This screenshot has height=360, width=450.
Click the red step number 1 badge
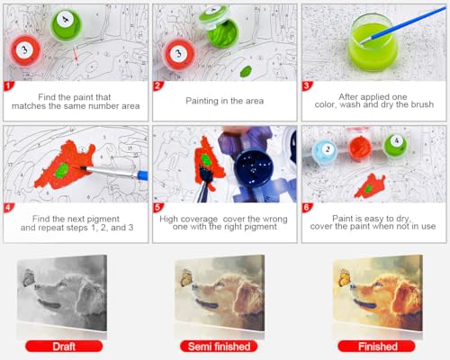[8, 85]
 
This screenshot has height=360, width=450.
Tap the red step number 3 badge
[306, 85]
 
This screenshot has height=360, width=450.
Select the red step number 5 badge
[157, 207]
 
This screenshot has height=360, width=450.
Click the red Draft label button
[64, 346]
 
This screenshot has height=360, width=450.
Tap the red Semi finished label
[219, 346]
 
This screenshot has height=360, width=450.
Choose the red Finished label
[377, 346]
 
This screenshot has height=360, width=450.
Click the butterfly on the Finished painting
[345, 277]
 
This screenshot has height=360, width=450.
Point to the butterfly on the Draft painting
[29, 277]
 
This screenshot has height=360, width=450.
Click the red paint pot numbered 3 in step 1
[25, 50]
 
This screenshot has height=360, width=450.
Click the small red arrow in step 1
[76, 56]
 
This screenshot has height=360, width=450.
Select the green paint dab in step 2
[246, 72]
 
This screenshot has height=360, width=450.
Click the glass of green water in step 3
[373, 42]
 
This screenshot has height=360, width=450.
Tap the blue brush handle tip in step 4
[143, 175]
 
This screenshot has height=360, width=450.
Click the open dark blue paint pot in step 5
[254, 166]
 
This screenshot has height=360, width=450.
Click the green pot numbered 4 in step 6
[395, 145]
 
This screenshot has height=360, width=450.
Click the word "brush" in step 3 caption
[423, 104]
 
